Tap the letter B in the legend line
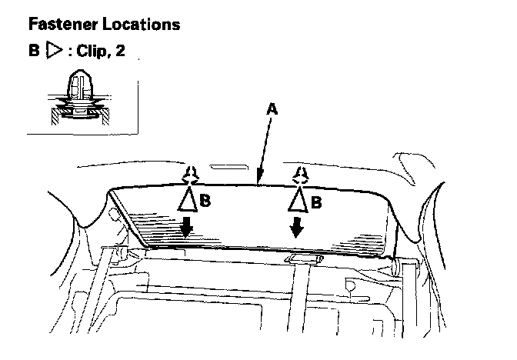tap(33, 55)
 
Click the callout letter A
tap(271, 110)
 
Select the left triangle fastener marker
tap(188, 202)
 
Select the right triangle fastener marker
tap(298, 201)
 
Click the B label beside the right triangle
tap(315, 203)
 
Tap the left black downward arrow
tap(187, 228)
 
